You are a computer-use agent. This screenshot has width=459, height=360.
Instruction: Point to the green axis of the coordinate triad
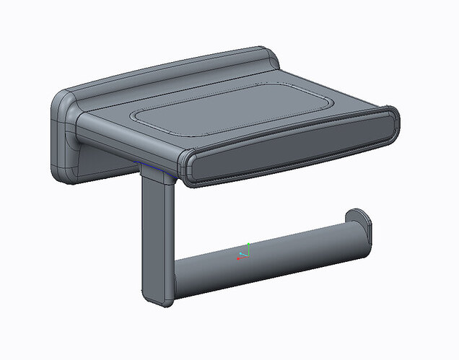tap(248, 247)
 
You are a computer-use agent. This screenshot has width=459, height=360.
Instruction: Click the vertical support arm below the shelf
tap(157, 231)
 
